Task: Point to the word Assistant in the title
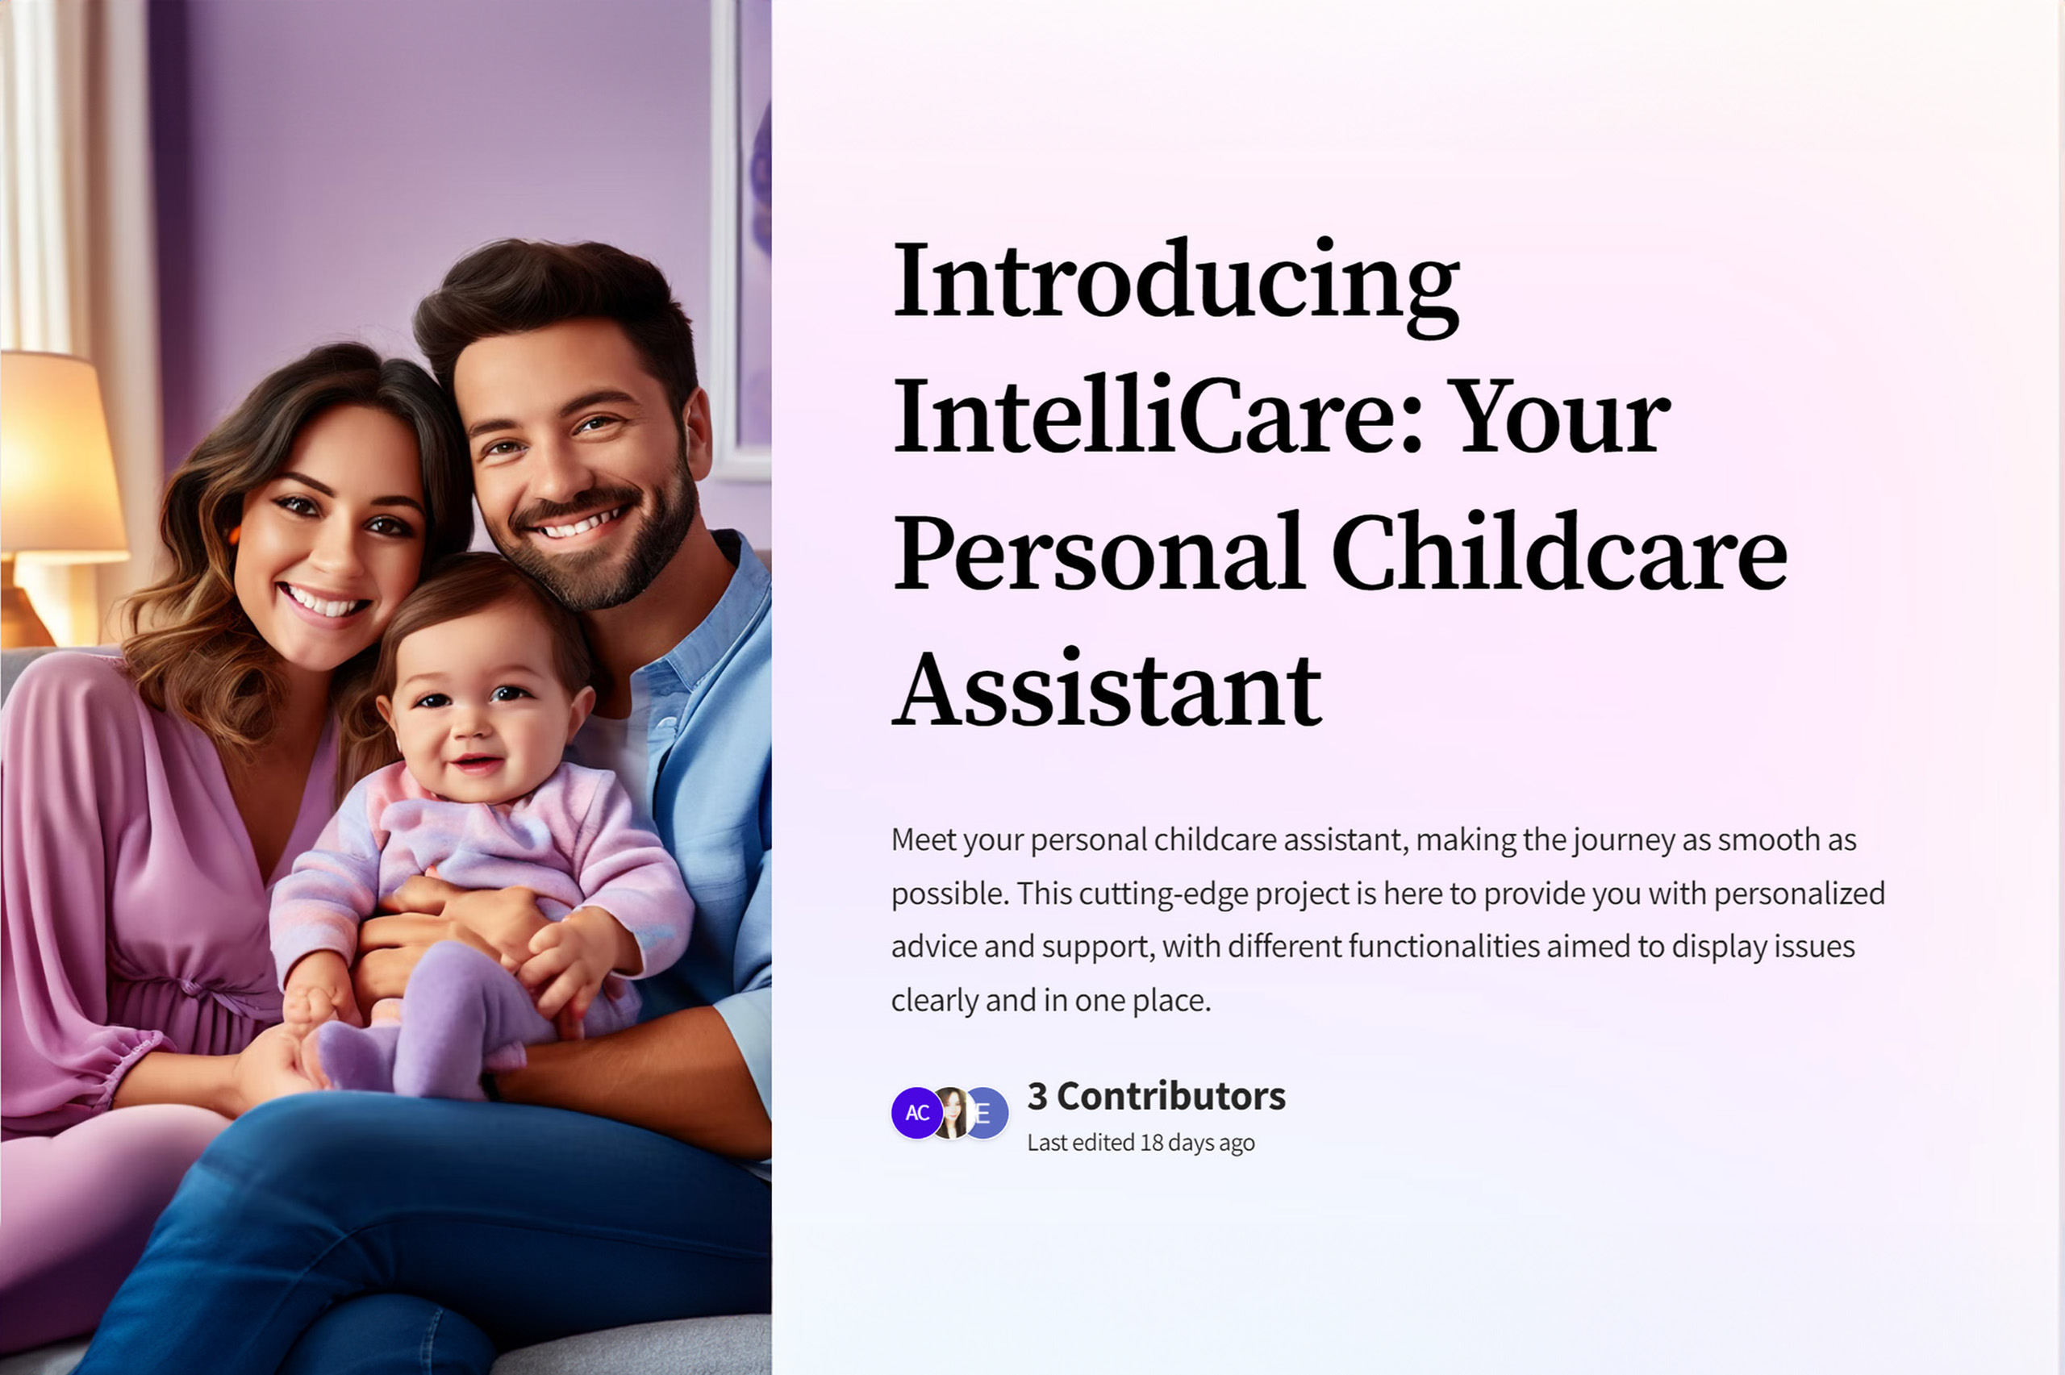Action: coord(1108,689)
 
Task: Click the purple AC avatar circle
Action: coord(917,1113)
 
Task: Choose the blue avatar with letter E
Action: coord(987,1113)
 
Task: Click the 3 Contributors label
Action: coord(1157,1096)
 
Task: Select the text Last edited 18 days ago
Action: coord(1141,1143)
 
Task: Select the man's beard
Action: coord(605,544)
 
